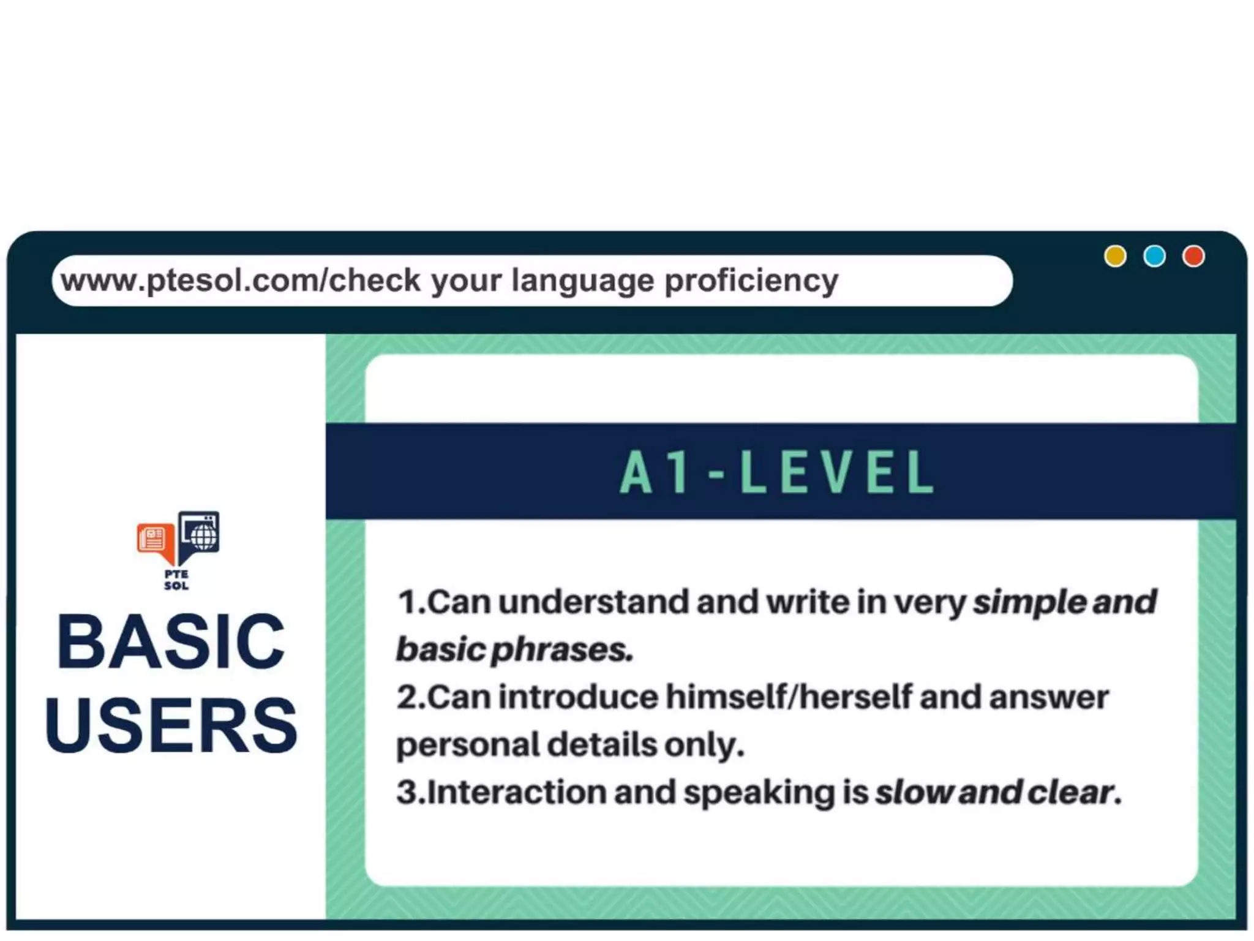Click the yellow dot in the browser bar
(1115, 256)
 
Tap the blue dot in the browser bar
(1154, 256)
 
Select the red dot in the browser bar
(1193, 256)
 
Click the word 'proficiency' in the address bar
(751, 281)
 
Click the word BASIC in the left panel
(171, 642)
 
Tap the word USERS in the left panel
(171, 725)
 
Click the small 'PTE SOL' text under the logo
(176, 580)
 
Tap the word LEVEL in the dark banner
(838, 472)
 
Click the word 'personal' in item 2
(466, 746)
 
